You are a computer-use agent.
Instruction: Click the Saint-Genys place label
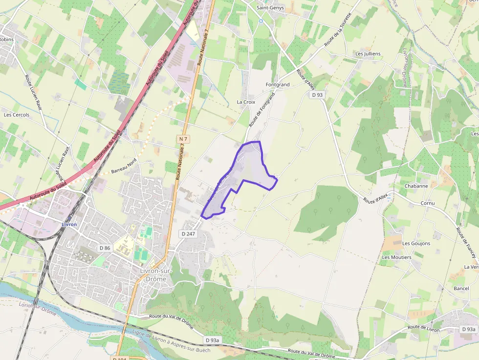pos(270,8)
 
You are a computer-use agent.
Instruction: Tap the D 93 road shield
pos(317,95)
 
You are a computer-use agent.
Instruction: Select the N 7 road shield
pos(183,139)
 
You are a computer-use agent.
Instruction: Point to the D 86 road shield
pos(105,248)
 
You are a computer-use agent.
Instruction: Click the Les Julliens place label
pos(368,54)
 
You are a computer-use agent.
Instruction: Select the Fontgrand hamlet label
pos(277,85)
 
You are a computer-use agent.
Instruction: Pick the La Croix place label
pos(246,102)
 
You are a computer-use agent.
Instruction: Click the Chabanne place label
pos(416,186)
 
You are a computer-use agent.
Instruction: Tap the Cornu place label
pos(427,203)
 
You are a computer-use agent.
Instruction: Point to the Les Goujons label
pos(416,243)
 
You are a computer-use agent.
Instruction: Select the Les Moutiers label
pos(396,257)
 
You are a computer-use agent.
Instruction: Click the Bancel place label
pos(461,288)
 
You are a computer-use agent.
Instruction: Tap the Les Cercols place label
pos(17,115)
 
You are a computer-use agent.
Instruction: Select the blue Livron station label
pos(69,224)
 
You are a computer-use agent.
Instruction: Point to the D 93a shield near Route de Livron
pos(468,330)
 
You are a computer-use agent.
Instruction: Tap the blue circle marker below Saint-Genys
pos(261,21)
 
